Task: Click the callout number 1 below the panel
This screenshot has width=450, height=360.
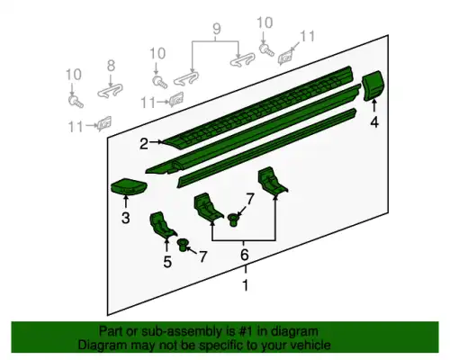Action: pyautogui.click(x=246, y=285)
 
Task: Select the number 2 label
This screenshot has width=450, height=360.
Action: pyautogui.click(x=144, y=144)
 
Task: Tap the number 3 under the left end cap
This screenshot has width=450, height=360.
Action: pyautogui.click(x=126, y=218)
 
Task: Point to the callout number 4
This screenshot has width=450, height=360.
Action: pyautogui.click(x=374, y=122)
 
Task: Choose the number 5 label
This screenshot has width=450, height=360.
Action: pyautogui.click(x=167, y=262)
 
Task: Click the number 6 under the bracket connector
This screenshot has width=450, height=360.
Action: pyautogui.click(x=245, y=255)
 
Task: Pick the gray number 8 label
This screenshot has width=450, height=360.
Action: pyautogui.click(x=111, y=66)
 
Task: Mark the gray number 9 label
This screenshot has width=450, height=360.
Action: pyautogui.click(x=217, y=29)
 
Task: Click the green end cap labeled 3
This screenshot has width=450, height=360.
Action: pyautogui.click(x=130, y=186)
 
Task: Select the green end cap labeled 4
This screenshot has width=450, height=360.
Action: pyautogui.click(x=373, y=85)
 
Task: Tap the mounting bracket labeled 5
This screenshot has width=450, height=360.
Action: pyautogui.click(x=162, y=225)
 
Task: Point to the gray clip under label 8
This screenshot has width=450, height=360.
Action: pyautogui.click(x=111, y=90)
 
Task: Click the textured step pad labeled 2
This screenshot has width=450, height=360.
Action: pyautogui.click(x=258, y=108)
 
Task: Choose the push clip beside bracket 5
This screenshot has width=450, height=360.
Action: pyautogui.click(x=183, y=245)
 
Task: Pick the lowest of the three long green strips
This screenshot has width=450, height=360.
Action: pyautogui.click(x=267, y=148)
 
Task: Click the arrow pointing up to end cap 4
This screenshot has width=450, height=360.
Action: pyautogui.click(x=374, y=107)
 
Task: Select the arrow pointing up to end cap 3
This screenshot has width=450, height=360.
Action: pyautogui.click(x=126, y=202)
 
